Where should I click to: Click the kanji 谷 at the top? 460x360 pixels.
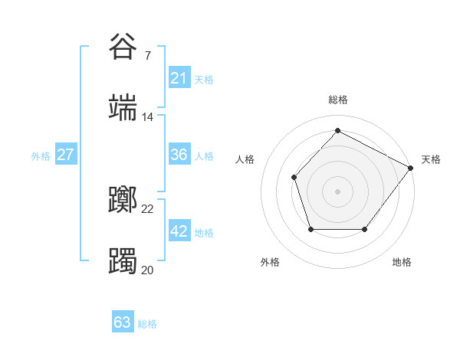tap(123, 47)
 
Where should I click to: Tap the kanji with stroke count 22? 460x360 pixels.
tap(123, 200)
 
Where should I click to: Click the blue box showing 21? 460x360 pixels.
tap(179, 78)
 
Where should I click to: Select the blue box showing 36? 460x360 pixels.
tap(179, 155)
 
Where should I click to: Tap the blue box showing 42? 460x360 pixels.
tap(179, 231)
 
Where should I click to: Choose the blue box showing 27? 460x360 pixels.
tap(65, 155)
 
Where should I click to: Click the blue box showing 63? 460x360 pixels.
tap(123, 322)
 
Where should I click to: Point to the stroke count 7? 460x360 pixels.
tap(147, 56)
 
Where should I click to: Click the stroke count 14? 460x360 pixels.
tap(147, 117)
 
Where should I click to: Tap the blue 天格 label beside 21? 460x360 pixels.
tap(204, 79)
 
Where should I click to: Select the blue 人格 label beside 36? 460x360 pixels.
tap(204, 155)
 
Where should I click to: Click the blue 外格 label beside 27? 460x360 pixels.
tap(41, 155)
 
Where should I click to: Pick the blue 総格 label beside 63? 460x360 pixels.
tap(147, 323)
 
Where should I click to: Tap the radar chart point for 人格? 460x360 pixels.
tap(294, 178)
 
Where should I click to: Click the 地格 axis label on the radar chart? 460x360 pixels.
tap(402, 262)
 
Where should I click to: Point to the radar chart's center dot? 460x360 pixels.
tap(337, 191)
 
